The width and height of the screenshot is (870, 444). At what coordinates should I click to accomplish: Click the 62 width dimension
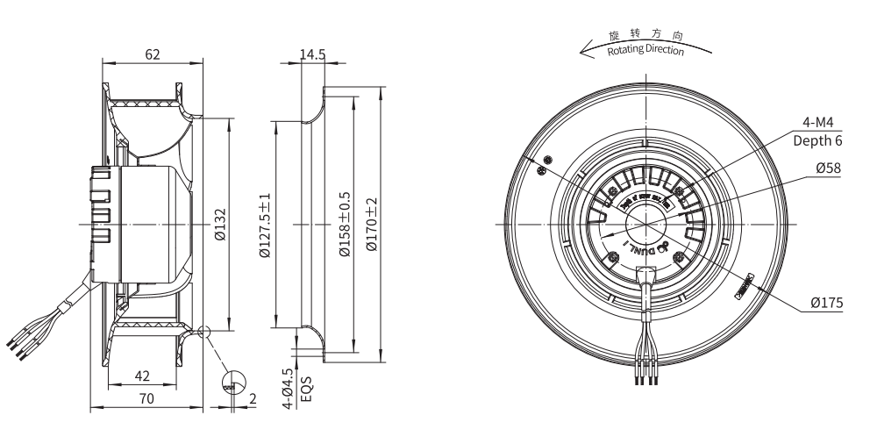coord(153,54)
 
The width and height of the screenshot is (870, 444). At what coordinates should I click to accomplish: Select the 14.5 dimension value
coord(312,54)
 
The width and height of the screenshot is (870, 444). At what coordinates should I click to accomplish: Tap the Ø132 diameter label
coord(220,223)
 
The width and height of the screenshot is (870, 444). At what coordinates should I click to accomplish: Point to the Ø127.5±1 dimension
coord(265,224)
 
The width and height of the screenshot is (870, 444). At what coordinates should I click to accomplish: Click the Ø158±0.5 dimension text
coord(344,224)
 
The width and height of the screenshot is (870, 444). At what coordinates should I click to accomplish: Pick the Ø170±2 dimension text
coord(372,224)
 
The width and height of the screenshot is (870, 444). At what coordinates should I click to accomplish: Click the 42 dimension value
coord(142,376)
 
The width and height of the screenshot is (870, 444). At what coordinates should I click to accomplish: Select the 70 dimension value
coord(146,398)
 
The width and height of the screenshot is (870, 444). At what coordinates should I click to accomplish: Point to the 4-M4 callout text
coord(817,122)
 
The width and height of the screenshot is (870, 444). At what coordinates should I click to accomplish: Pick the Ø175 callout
coord(827,303)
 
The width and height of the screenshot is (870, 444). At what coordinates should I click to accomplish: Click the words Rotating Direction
coord(645,49)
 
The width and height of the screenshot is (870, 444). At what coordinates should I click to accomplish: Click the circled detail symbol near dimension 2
coord(234,381)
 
